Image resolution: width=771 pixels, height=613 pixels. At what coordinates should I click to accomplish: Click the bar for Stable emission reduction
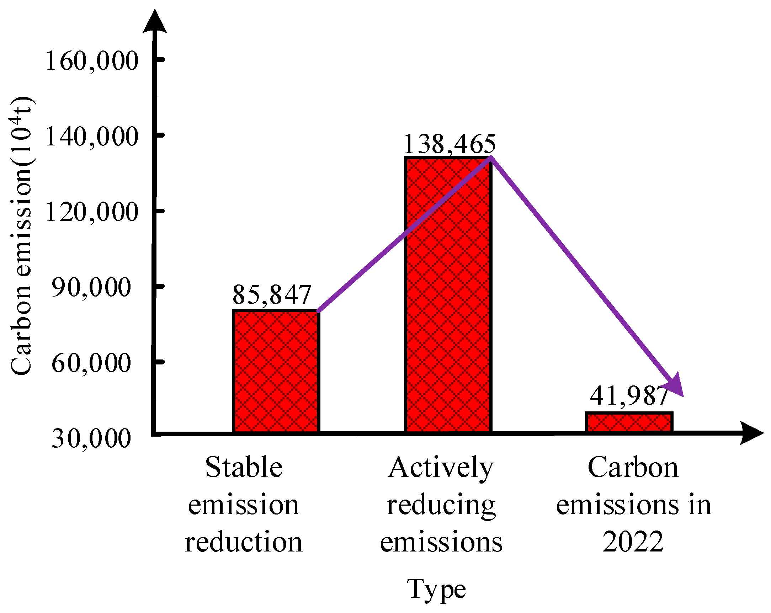click(x=275, y=372)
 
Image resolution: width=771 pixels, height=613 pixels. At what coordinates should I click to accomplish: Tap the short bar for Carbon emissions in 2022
click(x=629, y=422)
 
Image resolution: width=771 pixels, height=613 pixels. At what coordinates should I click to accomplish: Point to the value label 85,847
click(x=272, y=295)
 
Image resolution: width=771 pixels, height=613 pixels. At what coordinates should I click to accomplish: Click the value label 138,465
click(x=450, y=144)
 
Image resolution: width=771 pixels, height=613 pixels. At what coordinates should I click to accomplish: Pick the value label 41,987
click(x=629, y=396)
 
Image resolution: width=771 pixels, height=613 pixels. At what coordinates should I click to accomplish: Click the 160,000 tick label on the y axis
click(x=91, y=60)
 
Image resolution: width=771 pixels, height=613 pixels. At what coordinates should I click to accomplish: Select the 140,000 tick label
click(x=91, y=136)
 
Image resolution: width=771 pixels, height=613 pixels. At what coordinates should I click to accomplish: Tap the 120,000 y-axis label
click(x=91, y=212)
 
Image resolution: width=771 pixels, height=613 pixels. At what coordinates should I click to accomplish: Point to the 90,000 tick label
click(x=91, y=287)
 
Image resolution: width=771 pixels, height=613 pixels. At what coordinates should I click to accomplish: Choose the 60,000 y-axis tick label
click(x=91, y=363)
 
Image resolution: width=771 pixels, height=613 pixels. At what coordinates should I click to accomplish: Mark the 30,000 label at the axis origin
click(x=91, y=438)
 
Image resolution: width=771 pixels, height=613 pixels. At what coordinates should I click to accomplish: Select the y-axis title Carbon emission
click(x=21, y=236)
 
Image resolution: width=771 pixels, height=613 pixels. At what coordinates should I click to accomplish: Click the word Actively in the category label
click(x=441, y=468)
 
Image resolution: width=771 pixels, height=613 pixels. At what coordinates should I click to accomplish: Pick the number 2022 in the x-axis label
click(x=633, y=542)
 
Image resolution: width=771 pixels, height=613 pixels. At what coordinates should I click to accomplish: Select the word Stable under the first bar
click(x=244, y=468)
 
